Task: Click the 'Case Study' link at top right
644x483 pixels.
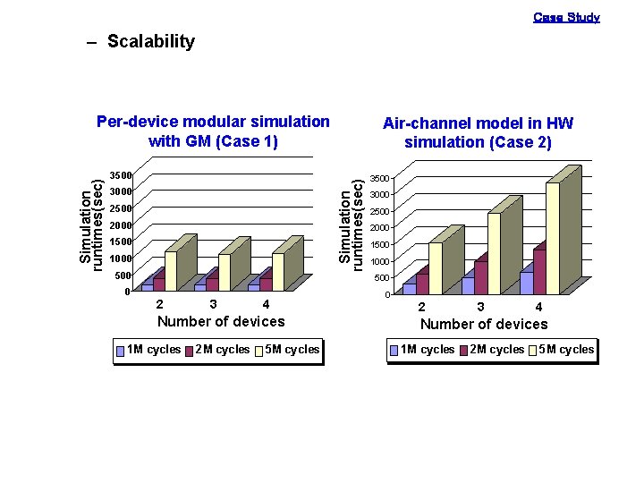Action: click(x=566, y=17)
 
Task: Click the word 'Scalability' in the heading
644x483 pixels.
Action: click(x=150, y=42)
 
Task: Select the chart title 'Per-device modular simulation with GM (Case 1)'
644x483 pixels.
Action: click(x=213, y=131)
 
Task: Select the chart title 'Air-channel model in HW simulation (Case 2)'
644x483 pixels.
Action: click(x=478, y=133)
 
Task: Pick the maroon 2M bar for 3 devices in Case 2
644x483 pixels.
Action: click(x=481, y=277)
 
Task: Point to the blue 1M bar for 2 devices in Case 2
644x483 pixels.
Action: click(x=409, y=289)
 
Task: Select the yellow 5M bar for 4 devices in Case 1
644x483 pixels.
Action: click(x=277, y=272)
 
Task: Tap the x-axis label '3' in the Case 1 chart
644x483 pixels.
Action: click(x=213, y=305)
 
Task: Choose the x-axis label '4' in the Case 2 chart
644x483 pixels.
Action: click(x=538, y=308)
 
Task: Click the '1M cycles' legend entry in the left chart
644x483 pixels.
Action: click(x=148, y=350)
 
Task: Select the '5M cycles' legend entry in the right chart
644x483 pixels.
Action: click(x=560, y=350)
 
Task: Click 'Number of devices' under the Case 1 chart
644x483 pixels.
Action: click(x=221, y=322)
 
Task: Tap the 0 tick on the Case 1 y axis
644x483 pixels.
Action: click(x=127, y=292)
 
